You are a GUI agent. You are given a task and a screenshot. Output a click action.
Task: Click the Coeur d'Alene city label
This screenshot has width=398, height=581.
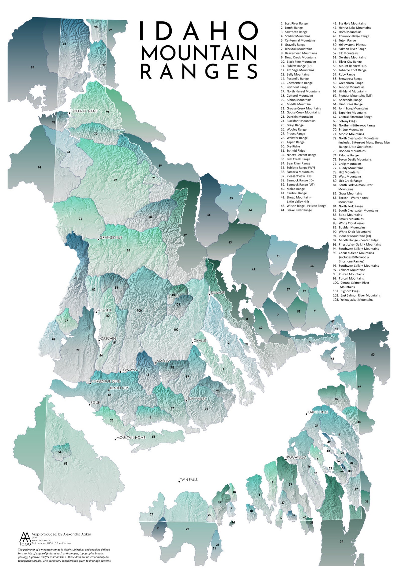84,111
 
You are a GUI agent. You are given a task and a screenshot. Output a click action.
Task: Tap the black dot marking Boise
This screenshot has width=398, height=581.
89,405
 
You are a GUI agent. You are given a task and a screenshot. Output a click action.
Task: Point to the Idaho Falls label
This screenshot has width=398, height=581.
318,412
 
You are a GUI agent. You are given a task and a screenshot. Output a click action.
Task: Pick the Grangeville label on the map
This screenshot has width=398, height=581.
111,237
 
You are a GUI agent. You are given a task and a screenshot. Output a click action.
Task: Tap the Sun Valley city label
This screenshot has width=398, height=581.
197,399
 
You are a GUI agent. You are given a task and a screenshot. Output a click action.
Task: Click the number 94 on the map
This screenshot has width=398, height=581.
33,67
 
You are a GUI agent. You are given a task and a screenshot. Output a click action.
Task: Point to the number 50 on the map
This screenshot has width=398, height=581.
373,354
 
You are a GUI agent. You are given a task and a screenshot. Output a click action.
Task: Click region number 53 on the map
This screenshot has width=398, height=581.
66,463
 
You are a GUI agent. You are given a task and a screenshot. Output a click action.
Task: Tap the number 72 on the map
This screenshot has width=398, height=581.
115,180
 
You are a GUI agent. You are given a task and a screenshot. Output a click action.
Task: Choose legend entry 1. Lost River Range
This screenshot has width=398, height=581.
294,23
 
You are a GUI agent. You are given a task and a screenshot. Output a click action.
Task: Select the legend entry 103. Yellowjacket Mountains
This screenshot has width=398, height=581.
353,299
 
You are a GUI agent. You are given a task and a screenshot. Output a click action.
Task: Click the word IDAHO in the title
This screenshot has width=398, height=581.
199,31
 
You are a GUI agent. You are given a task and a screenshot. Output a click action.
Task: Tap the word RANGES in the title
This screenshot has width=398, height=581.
199,71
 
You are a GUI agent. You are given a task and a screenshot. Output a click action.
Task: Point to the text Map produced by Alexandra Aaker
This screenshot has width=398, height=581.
61,534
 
